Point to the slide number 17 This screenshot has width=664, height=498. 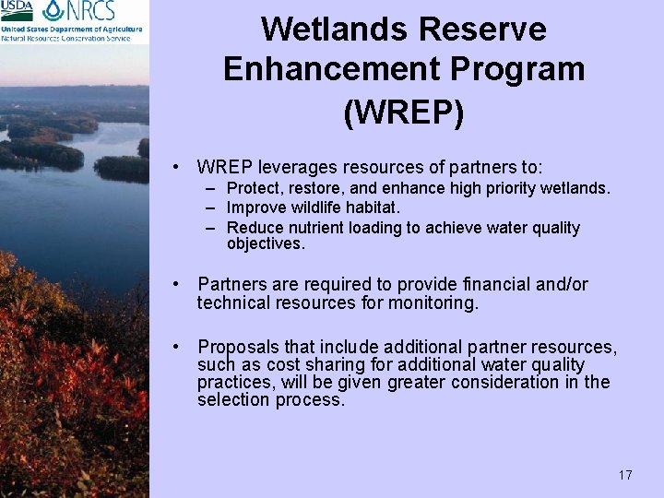625,475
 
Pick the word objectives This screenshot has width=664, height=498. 265,244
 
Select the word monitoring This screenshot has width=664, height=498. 433,302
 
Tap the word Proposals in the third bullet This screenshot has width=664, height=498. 238,347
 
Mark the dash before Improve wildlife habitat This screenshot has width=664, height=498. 211,208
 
